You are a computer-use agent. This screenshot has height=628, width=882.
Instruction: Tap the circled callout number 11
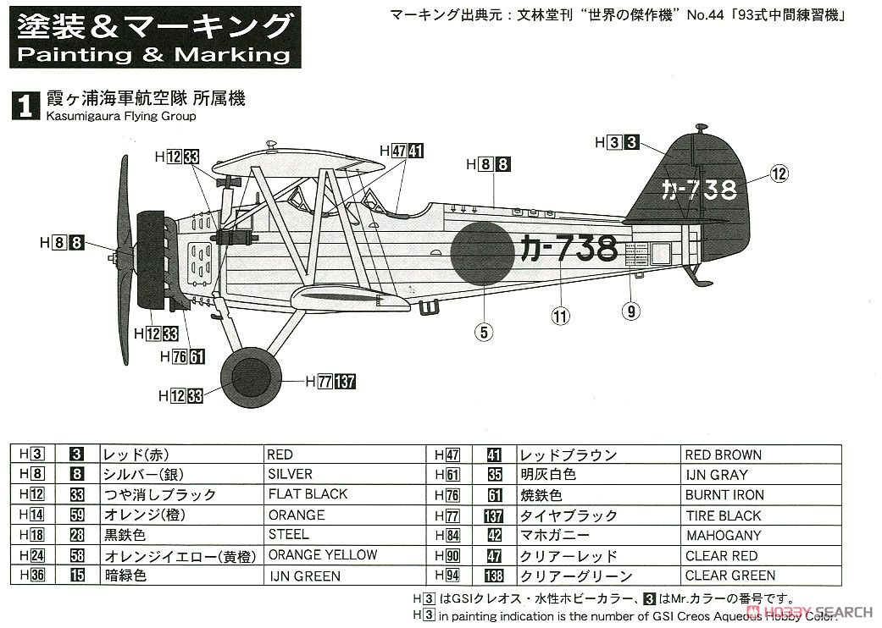[560, 317]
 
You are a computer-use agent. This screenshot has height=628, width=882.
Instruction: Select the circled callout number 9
[631, 311]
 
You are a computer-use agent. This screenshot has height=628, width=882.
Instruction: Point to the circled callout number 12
[779, 174]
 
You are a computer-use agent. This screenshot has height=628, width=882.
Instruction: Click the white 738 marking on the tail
[699, 190]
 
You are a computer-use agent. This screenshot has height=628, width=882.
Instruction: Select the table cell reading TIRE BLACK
[723, 515]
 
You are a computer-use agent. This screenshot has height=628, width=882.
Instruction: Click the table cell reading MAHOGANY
[724, 535]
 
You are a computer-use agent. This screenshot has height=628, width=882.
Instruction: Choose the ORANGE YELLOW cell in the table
[322, 555]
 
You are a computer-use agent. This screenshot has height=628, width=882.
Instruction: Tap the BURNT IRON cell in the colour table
[724, 495]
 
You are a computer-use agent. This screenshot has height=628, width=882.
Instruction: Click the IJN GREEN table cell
[304, 576]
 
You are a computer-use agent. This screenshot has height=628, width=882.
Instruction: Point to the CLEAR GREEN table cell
[730, 576]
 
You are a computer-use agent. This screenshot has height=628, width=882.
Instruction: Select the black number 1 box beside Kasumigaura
[26, 106]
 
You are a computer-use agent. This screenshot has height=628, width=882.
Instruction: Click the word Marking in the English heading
[232, 54]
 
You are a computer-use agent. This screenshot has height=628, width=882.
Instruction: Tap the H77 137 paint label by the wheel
[330, 382]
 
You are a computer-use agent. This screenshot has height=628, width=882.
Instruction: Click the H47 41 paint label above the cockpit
[402, 151]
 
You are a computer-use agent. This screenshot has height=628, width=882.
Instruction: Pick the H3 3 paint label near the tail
[617, 143]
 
